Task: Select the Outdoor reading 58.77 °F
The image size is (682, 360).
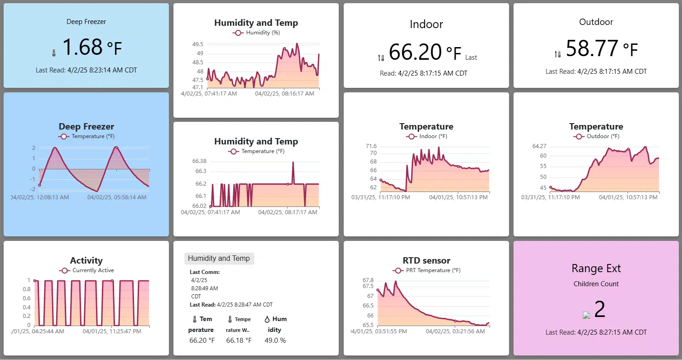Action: tap(601, 48)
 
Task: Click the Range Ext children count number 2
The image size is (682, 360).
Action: tap(600, 309)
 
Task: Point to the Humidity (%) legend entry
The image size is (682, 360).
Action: tap(256, 33)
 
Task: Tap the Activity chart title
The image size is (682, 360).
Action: tap(86, 260)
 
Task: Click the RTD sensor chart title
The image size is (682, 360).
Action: tap(426, 260)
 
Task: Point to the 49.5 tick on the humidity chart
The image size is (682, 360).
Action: tap(198, 44)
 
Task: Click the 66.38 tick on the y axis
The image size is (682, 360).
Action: tap(199, 161)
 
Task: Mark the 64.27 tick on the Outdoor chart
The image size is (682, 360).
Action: tap(539, 146)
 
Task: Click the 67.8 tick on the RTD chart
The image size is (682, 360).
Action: tap(368, 280)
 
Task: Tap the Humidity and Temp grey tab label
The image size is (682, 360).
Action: tap(219, 259)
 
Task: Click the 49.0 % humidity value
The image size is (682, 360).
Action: tap(275, 341)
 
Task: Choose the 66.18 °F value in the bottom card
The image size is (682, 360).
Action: tap(239, 341)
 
